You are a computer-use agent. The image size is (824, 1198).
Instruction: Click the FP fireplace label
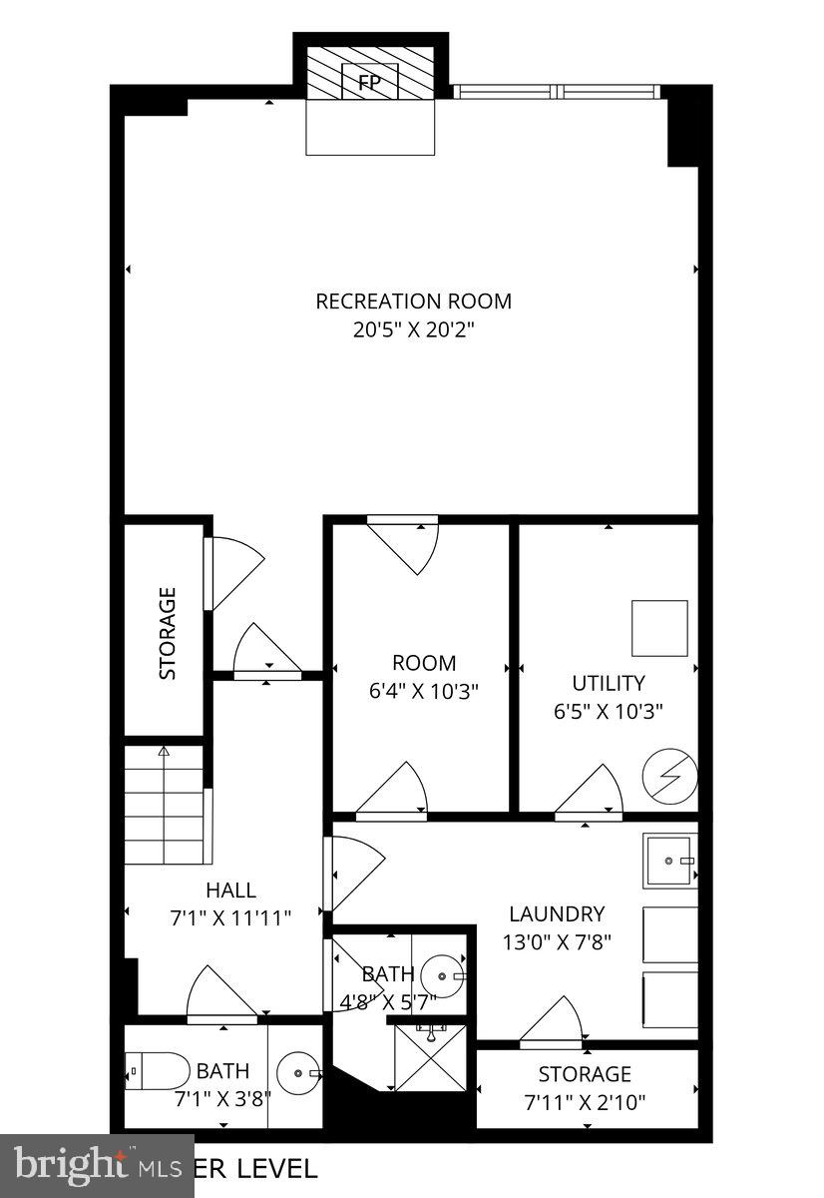click(370, 82)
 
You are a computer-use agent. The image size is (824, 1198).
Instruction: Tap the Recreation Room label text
click(413, 300)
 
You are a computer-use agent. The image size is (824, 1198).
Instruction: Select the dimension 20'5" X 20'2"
click(413, 330)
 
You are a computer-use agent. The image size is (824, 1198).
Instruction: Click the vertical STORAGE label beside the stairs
click(168, 633)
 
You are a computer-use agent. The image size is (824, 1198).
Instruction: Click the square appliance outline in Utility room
click(659, 628)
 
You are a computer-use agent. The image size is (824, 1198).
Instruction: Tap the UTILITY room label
click(608, 683)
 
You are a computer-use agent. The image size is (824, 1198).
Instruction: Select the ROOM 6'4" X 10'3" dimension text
click(423, 690)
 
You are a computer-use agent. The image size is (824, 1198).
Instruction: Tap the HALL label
click(230, 890)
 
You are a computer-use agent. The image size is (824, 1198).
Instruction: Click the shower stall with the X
click(431, 1057)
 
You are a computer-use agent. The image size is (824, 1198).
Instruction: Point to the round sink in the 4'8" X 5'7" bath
click(440, 975)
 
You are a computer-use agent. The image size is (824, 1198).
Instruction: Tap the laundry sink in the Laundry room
click(669, 860)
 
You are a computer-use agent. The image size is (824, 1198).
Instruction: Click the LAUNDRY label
click(557, 912)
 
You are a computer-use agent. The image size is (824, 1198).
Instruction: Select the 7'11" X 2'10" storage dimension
click(585, 1102)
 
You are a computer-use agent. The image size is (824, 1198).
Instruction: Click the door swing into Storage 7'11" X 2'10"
click(552, 1021)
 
